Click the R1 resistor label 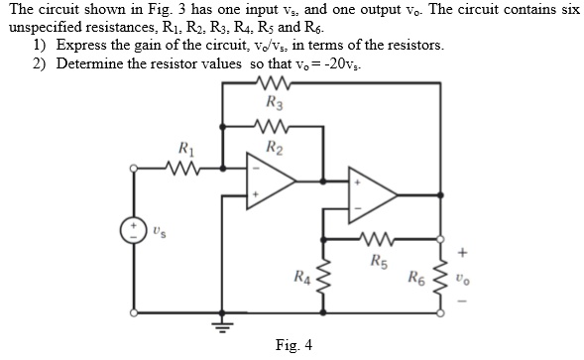tap(185, 150)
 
